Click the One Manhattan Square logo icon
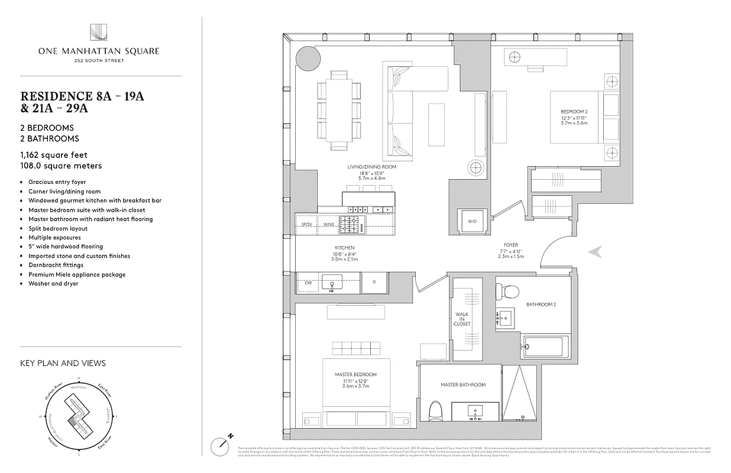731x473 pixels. [98, 32]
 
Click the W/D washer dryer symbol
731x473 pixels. [473, 222]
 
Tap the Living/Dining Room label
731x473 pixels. [371, 167]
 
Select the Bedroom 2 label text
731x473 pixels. [574, 112]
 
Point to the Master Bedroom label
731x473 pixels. [355, 374]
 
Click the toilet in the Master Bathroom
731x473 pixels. [435, 409]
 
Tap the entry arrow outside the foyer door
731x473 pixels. [596, 252]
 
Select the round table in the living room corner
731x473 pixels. [308, 58]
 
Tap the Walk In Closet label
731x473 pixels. [462, 319]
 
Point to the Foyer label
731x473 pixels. [510, 245]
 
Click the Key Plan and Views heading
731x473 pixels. [63, 363]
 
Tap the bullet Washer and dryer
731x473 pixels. [53, 284]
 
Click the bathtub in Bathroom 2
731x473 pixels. [546, 346]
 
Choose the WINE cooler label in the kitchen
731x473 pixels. [328, 225]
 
